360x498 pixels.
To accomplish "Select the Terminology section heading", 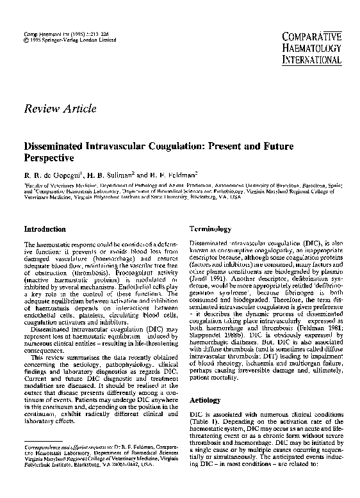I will [211, 229].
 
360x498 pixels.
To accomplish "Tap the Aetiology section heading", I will [206, 399].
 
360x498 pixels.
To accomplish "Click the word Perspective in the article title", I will [49, 156].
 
